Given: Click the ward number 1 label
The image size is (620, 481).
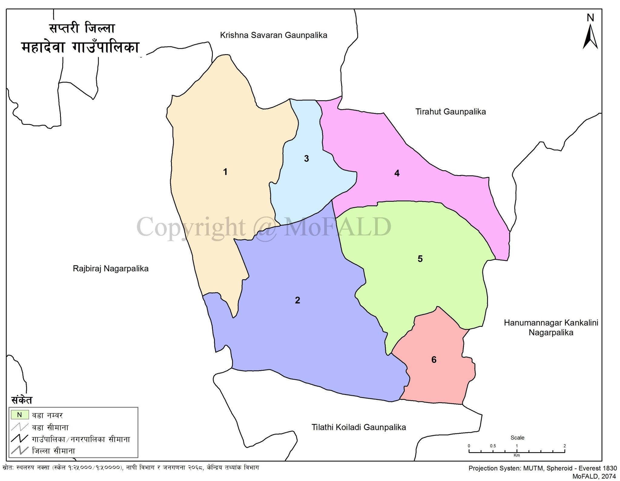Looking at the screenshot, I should [225, 172].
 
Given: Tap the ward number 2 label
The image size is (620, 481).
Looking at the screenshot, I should [297, 300].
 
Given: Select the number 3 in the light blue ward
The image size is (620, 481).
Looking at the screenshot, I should [306, 158].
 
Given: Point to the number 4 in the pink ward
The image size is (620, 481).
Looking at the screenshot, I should [397, 173].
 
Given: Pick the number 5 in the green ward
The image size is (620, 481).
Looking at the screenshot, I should [420, 259].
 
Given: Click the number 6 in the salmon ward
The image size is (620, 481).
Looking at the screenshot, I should [434, 360].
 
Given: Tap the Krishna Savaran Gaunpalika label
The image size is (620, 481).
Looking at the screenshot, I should [273, 35].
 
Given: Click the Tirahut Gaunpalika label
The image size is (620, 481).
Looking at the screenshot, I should [450, 112].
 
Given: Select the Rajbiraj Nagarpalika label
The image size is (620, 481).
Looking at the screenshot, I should [110, 269].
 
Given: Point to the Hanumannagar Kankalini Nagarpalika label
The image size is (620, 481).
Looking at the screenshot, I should [551, 328].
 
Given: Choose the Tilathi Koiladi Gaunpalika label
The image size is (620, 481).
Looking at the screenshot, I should [358, 427].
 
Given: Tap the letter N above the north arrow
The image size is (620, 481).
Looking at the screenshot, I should [590, 18].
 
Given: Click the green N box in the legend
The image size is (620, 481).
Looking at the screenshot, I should [20, 415].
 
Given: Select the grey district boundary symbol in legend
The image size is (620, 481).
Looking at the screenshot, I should [19, 450].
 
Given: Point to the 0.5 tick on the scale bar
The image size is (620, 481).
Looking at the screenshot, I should [493, 446].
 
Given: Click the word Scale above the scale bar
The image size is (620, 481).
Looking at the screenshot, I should [517, 438].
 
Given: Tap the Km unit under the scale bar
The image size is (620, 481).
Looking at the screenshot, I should [516, 455].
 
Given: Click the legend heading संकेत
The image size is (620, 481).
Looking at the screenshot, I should [21, 400].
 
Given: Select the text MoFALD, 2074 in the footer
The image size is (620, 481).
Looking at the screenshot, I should [594, 476].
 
